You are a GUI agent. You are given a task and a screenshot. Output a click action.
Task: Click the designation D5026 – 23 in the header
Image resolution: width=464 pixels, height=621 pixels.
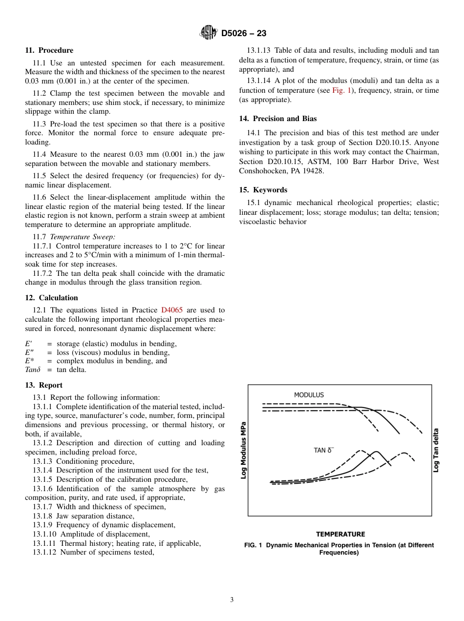click(x=244, y=33)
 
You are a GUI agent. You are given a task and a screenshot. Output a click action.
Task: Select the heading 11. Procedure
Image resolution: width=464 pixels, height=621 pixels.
click(x=49, y=50)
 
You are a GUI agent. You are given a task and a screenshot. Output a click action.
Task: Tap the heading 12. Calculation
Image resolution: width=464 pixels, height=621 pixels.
click(x=51, y=298)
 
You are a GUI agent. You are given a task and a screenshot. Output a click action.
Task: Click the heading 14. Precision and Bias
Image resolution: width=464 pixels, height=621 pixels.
click(x=277, y=119)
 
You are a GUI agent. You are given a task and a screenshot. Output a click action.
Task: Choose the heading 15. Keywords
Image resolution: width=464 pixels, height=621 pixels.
click(x=263, y=190)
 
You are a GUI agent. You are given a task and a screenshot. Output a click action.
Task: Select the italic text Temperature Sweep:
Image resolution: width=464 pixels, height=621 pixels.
click(x=83, y=237)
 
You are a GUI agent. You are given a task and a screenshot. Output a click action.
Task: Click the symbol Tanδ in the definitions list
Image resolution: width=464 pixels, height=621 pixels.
click(x=32, y=370)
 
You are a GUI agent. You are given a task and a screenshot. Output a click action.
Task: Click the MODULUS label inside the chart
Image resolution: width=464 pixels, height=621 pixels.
click(x=309, y=394)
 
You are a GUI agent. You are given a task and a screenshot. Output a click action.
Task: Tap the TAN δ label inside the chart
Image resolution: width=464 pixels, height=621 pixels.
click(x=323, y=450)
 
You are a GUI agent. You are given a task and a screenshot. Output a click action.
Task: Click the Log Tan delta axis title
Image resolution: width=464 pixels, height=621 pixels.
click(x=436, y=450)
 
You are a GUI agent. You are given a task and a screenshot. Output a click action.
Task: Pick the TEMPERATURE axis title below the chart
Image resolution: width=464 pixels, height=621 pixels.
click(x=340, y=534)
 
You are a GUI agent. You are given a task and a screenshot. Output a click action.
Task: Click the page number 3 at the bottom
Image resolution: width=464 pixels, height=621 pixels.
click(x=232, y=600)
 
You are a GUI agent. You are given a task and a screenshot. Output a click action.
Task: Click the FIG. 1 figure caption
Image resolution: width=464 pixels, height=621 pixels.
click(x=339, y=549)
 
